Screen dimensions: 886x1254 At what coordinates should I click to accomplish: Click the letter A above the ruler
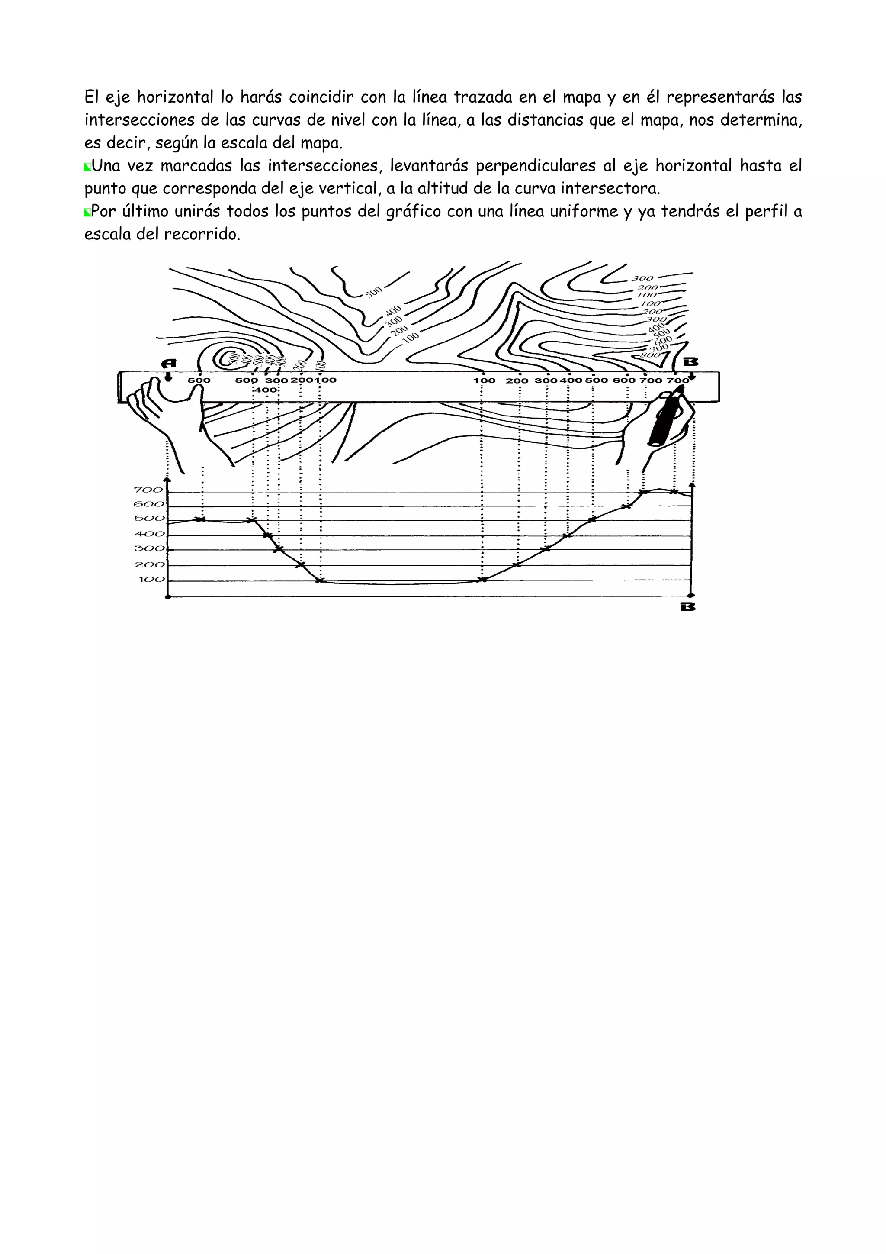click(169, 363)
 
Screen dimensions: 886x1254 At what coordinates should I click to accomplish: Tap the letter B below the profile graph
click(688, 607)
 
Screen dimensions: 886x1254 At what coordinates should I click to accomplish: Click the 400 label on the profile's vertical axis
click(149, 534)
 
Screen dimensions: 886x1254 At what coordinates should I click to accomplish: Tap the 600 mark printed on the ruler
click(624, 380)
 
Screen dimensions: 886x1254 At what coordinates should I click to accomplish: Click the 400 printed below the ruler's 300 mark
click(265, 390)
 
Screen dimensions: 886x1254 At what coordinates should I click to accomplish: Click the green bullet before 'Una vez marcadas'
click(87, 167)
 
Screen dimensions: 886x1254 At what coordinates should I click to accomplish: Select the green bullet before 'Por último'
click(87, 213)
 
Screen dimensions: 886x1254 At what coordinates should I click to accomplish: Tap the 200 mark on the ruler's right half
click(517, 380)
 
